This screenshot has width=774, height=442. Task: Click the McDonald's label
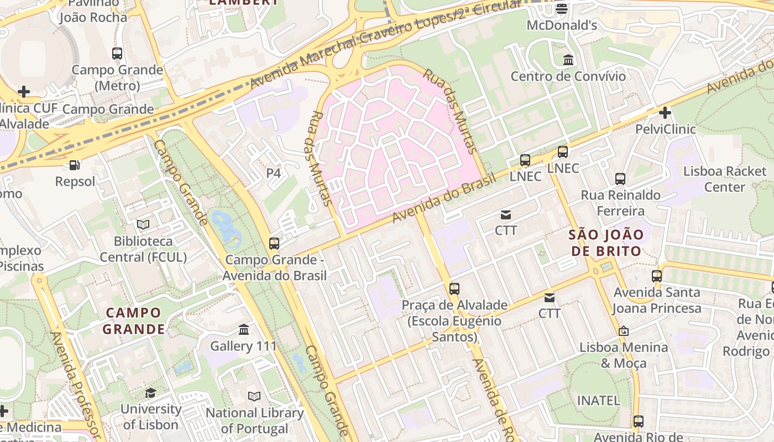pyautogui.click(x=562, y=25)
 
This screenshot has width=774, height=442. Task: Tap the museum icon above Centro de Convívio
pyautogui.click(x=568, y=59)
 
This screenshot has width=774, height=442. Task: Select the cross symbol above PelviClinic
pyautogui.click(x=665, y=113)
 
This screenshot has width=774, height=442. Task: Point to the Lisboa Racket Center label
pyautogui.click(x=724, y=179)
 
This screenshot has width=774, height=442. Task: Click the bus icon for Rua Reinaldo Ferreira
pyautogui.click(x=620, y=178)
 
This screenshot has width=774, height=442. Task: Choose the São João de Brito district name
pyautogui.click(x=606, y=243)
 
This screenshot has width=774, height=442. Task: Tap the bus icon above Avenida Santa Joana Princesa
pyautogui.click(x=656, y=276)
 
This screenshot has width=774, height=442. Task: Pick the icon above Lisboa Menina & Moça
pyautogui.click(x=623, y=331)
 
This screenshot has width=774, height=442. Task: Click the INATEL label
pyautogui.click(x=598, y=400)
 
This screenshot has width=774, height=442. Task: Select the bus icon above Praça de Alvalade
pyautogui.click(x=454, y=288)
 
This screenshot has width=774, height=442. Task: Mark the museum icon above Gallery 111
pyautogui.click(x=243, y=330)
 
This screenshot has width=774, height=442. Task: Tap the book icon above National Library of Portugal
pyautogui.click(x=254, y=396)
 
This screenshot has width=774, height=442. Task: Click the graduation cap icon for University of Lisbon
pyautogui.click(x=150, y=393)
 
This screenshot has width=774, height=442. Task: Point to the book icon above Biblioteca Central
pyautogui.click(x=143, y=224)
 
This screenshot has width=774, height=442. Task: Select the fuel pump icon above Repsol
pyautogui.click(x=74, y=165)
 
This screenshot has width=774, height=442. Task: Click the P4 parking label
pyautogui.click(x=274, y=173)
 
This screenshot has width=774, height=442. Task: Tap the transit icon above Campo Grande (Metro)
pyautogui.click(x=117, y=54)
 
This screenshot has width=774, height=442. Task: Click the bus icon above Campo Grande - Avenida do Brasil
pyautogui.click(x=274, y=243)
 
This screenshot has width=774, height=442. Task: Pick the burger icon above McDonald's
pyautogui.click(x=562, y=8)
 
